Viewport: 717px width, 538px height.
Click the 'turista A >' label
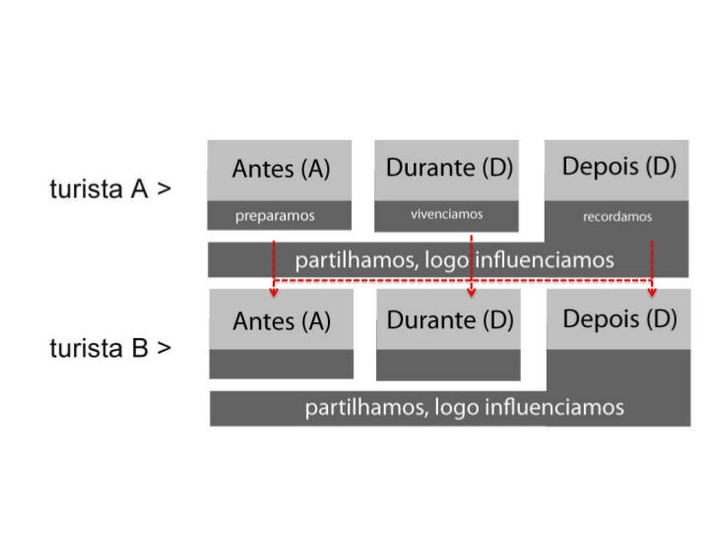110,189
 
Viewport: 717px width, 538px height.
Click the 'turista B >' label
110,349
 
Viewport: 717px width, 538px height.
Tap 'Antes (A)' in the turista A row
281,169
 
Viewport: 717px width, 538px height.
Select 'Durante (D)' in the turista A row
449,168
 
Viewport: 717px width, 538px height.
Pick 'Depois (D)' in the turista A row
619,167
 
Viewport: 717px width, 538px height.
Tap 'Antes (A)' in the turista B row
281,321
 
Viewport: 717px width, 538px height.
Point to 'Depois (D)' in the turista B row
619,319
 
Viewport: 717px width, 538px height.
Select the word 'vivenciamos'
447,214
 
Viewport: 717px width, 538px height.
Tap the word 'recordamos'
618,217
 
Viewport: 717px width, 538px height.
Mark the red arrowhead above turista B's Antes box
274,292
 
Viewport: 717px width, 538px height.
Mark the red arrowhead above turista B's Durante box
472,292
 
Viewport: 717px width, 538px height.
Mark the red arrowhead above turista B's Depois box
652,292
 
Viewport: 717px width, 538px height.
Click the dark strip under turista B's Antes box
281,364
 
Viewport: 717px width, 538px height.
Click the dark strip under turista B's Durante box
448,365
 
